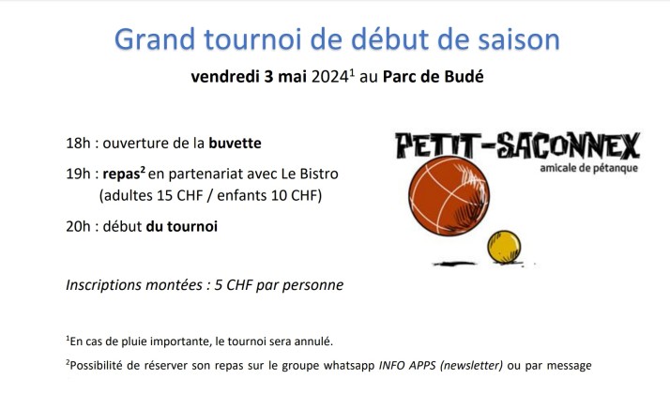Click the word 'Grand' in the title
[x=155, y=38]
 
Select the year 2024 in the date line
[x=329, y=77]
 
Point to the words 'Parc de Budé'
[x=434, y=76]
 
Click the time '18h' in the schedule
[x=78, y=143]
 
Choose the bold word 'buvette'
[x=235, y=143]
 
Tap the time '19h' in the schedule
[x=78, y=174]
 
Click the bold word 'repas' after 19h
[x=121, y=175]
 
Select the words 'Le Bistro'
[x=310, y=174]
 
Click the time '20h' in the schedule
[x=78, y=226]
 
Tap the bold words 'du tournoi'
[x=182, y=226]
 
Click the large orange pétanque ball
[x=449, y=196]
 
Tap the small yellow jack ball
[x=504, y=247]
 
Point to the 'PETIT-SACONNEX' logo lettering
[x=517, y=145]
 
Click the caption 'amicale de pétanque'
[x=588, y=168]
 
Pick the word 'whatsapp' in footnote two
[x=349, y=366]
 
